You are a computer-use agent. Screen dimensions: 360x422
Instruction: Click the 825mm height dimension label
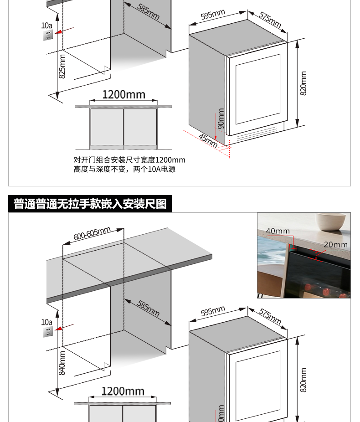[x=62, y=66]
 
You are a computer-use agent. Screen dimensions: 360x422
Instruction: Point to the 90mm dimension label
[x=221, y=118]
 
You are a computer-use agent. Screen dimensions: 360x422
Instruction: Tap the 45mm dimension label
[x=208, y=141]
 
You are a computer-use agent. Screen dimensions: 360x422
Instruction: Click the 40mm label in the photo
[x=278, y=231]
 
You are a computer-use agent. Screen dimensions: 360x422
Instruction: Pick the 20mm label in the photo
[x=335, y=244]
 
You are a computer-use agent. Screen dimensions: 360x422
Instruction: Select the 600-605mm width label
[x=92, y=234]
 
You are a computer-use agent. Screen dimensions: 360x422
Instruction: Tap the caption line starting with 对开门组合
[x=129, y=160]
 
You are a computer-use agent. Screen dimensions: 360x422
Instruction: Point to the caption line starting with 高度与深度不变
[x=124, y=169]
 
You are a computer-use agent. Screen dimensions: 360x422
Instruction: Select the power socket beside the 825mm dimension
[x=47, y=35]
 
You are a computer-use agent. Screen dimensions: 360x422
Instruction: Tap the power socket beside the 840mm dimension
[x=47, y=331]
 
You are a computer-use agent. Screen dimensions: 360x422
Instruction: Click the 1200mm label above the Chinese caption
[x=123, y=95]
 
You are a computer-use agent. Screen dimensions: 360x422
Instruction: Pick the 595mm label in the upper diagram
[x=213, y=15]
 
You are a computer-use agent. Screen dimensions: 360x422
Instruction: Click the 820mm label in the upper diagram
[x=303, y=83]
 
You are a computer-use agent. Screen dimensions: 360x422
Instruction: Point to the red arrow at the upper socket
[x=65, y=31]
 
